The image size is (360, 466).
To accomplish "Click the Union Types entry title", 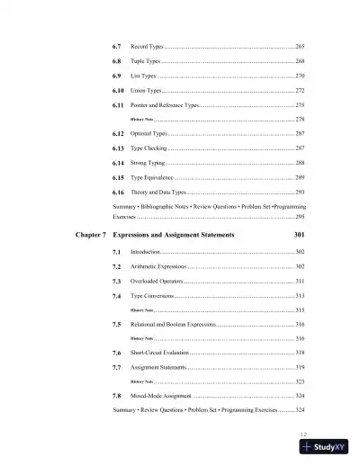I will (x=147, y=91).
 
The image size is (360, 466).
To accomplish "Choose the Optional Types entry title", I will (x=150, y=133).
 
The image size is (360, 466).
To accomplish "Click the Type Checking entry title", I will (x=149, y=148).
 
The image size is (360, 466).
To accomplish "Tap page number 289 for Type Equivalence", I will (x=300, y=178).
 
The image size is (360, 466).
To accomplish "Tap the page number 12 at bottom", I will (x=303, y=433).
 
